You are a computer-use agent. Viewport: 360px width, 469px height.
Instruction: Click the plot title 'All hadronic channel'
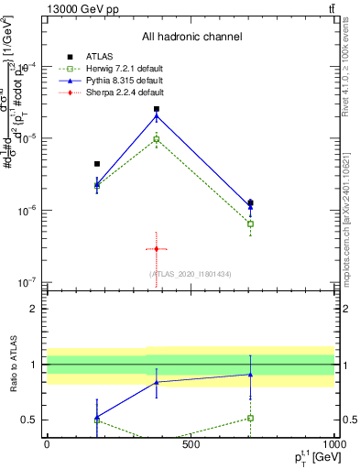[191, 38]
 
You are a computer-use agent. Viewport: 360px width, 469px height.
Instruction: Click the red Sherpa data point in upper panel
[157, 249]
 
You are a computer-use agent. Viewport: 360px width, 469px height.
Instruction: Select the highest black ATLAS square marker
[157, 109]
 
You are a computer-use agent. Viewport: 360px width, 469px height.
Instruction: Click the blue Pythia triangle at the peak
[157, 116]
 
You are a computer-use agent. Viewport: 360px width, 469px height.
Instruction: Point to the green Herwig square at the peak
[157, 139]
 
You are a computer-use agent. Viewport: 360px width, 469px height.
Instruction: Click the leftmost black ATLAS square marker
[97, 164]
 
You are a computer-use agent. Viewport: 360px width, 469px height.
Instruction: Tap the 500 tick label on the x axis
[191, 444]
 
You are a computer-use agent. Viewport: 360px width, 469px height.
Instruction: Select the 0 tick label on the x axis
[47, 444]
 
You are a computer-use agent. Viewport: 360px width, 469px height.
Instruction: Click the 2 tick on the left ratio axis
[35, 309]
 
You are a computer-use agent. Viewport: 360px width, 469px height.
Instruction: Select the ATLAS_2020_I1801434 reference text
[191, 274]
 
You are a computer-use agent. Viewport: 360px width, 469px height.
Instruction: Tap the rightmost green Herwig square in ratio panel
[250, 418]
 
